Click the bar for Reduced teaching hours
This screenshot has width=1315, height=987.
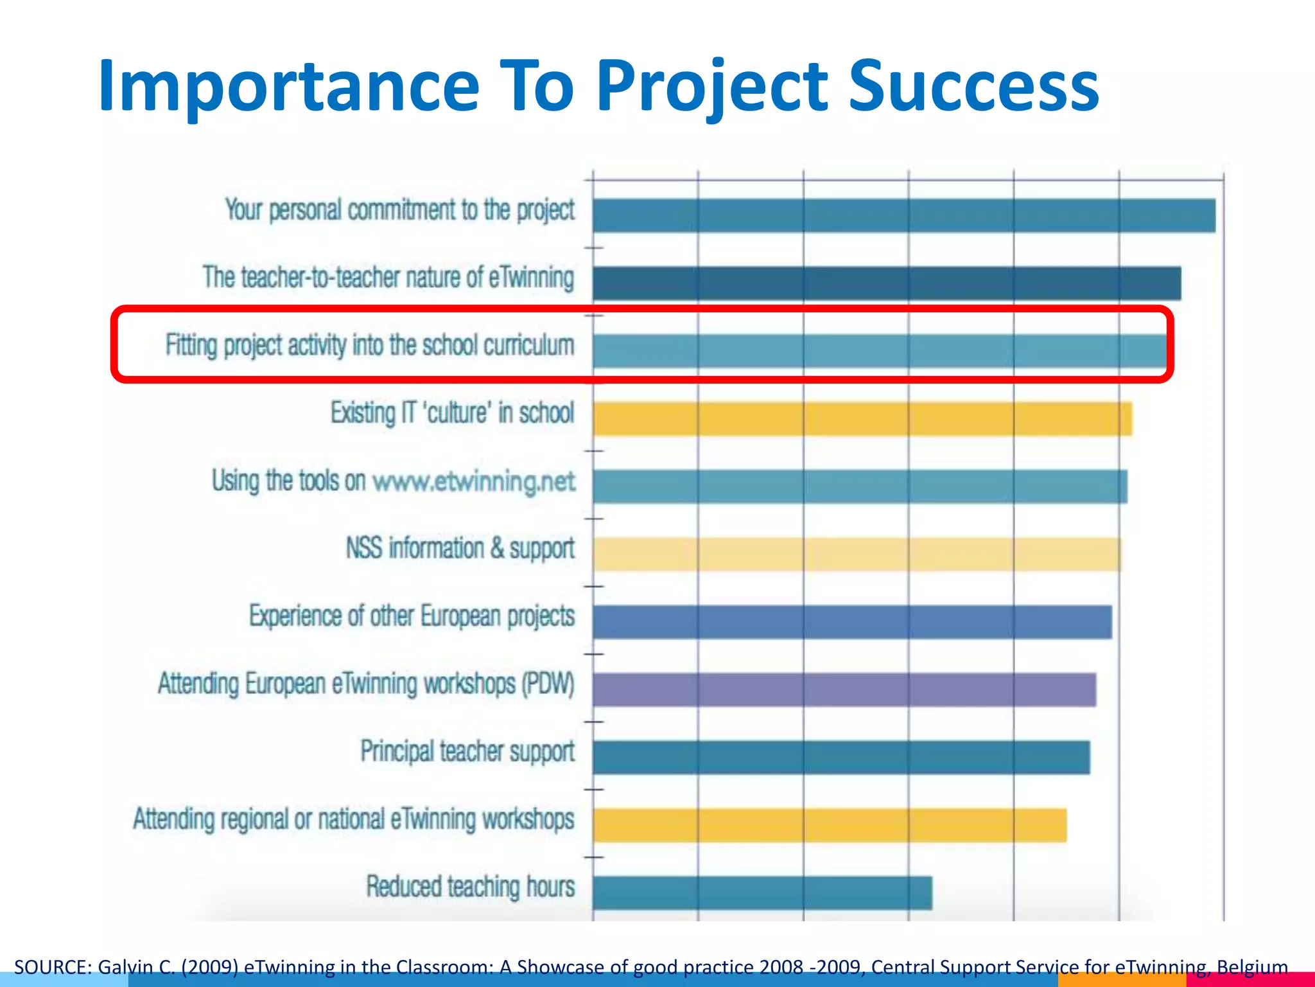tap(762, 893)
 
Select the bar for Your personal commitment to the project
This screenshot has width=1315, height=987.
tap(903, 215)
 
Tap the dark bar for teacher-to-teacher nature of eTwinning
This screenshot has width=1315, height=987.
tap(886, 283)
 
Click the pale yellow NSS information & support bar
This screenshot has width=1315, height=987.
tap(857, 555)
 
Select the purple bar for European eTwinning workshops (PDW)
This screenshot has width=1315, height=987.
tap(844, 689)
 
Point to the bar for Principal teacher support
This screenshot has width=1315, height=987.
tap(841, 757)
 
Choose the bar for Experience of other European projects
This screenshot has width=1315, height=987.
tap(852, 621)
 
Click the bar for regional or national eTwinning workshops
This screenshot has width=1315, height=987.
tap(830, 825)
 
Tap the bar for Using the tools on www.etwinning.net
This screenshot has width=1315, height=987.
tap(860, 486)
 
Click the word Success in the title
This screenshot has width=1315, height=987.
tap(973, 86)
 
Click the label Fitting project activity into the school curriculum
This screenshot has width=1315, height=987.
tap(370, 346)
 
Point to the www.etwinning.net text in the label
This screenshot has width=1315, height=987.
tap(474, 481)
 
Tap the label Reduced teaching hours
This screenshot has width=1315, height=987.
tap(470, 887)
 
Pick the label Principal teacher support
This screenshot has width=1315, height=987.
tap(467, 752)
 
